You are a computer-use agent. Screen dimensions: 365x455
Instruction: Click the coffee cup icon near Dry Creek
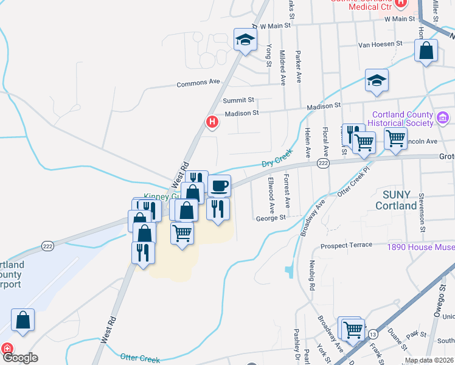(x=219, y=185)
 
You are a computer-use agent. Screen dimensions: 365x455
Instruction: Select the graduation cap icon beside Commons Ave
(x=245, y=40)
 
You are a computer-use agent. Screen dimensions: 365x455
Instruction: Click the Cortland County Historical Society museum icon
(x=442, y=117)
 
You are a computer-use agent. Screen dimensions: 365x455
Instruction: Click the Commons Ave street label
(x=198, y=83)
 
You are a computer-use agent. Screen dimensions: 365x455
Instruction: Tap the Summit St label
(x=238, y=100)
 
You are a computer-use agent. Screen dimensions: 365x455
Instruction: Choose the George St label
(x=271, y=218)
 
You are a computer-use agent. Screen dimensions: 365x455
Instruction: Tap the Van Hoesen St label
(x=380, y=44)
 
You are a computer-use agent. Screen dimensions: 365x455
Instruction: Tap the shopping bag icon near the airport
(x=23, y=320)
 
